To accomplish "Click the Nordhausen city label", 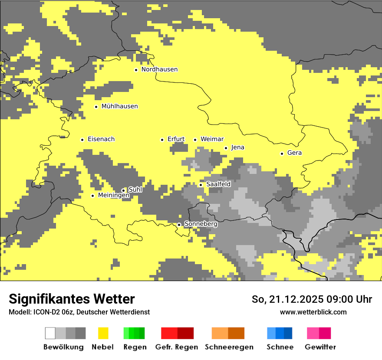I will point(159,69).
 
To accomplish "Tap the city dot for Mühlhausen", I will point(96,107).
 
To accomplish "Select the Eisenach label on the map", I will point(101,139).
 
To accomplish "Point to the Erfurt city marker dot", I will point(162,140).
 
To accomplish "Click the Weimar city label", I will point(212,139).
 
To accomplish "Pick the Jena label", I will point(237,147).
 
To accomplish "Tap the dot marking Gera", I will point(282,154).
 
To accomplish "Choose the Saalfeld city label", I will point(218,184).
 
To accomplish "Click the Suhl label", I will point(135,190).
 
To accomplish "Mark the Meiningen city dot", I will point(92,196).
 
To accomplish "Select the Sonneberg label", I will point(201,224).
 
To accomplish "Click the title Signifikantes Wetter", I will point(72,299).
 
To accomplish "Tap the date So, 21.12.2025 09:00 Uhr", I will point(312,299).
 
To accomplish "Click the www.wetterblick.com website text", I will point(313,312).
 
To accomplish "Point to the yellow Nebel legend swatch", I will point(103,333).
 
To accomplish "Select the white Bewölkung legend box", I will point(50,333).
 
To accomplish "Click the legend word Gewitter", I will point(320,347).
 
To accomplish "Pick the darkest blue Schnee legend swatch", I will point(288,333).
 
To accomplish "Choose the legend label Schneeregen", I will point(229,347).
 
